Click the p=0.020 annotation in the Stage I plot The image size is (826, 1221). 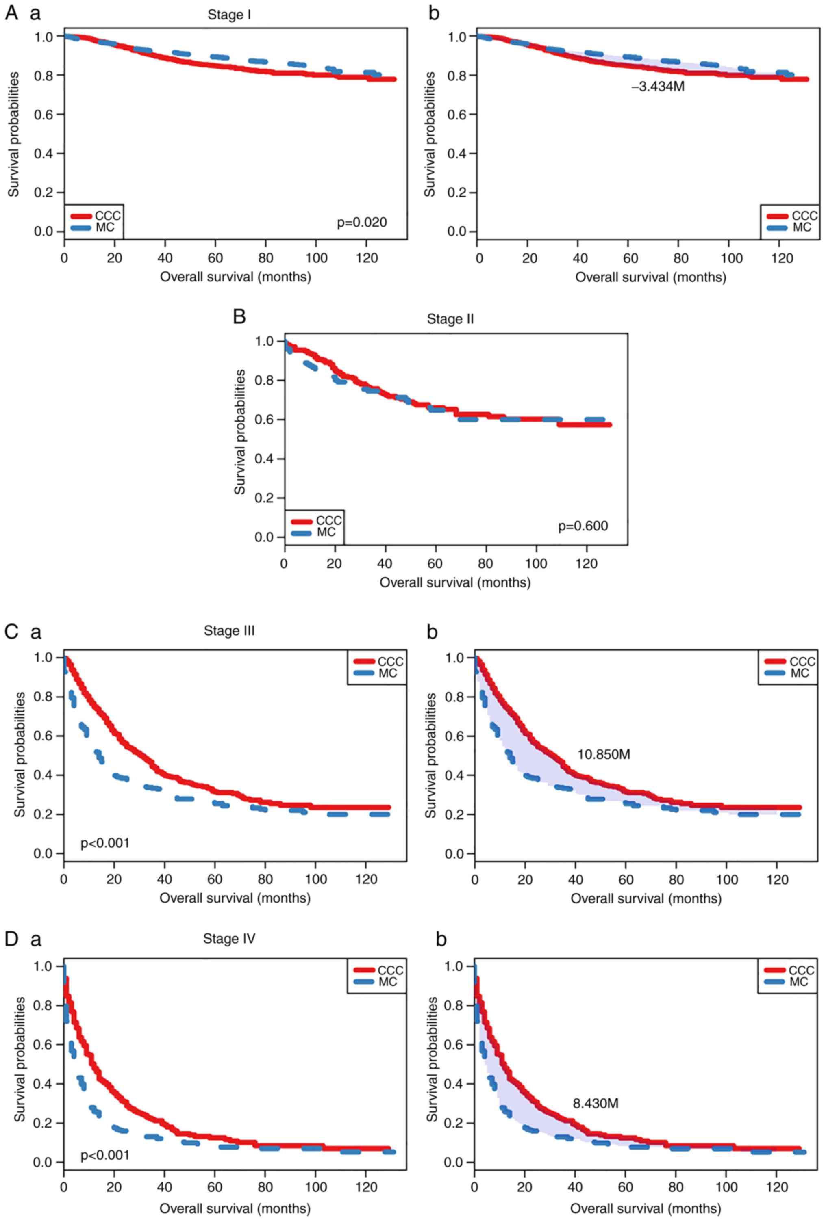click(x=361, y=222)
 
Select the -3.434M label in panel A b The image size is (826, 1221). click(x=657, y=87)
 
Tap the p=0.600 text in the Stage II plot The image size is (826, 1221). click(x=583, y=526)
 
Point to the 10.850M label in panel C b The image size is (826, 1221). click(x=603, y=754)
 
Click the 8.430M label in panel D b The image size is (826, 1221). click(x=595, y=1103)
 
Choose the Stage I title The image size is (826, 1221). click(x=229, y=15)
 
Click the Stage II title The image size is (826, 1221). click(x=450, y=319)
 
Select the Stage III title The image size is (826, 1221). click(x=229, y=630)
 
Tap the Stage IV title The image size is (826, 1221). click(x=229, y=938)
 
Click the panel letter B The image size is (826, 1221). click(x=239, y=317)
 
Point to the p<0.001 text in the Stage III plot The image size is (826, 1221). click(x=104, y=843)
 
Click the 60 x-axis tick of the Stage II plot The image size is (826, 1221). click(x=435, y=564)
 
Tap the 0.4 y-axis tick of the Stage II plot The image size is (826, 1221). click(x=265, y=459)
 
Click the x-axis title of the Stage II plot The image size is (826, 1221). click(x=455, y=582)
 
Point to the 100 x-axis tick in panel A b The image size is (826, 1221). click(x=731, y=258)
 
